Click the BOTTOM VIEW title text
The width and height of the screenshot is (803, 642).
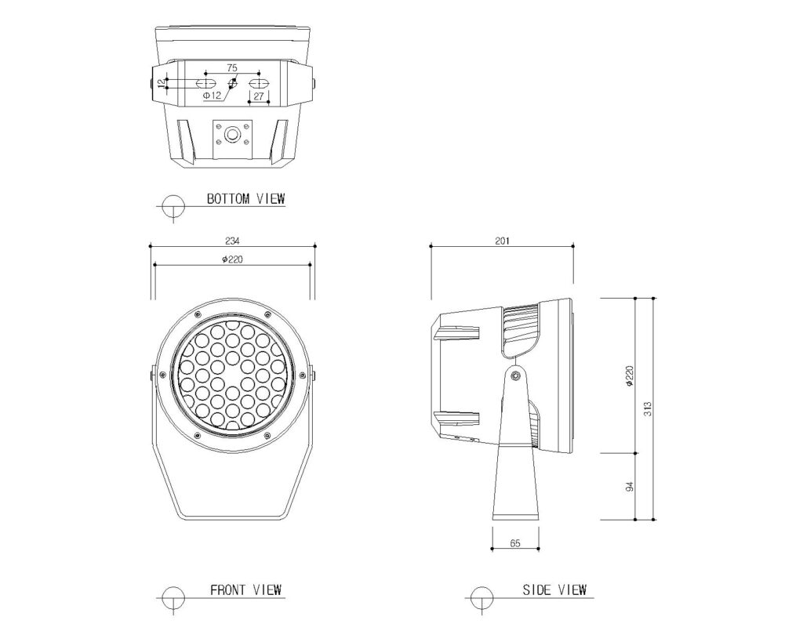tap(245, 198)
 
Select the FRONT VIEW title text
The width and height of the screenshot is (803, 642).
tap(245, 589)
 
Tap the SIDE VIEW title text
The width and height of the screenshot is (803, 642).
tap(554, 589)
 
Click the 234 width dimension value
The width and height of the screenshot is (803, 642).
tap(232, 241)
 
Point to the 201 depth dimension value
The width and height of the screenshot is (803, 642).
tap(503, 241)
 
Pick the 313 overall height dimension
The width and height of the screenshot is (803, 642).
tap(648, 408)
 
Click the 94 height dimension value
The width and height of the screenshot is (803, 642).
tap(630, 486)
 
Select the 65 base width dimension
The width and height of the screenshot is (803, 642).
tap(515, 543)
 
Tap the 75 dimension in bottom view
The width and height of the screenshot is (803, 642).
tap(231, 67)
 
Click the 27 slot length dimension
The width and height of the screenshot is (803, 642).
tap(259, 96)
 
